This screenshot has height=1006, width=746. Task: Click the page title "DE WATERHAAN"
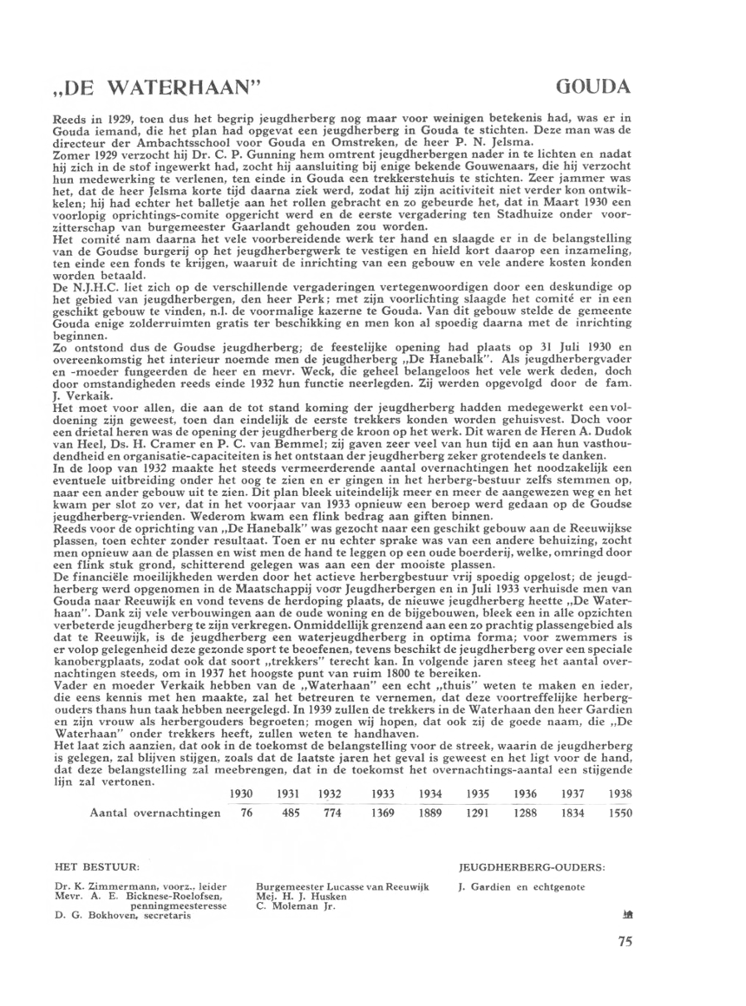tap(157, 88)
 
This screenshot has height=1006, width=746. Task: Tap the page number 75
tap(626, 944)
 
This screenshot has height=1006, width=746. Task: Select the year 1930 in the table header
tap(241, 794)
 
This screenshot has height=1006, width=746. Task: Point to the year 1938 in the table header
tap(619, 794)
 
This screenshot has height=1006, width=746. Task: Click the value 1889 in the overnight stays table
tap(431, 813)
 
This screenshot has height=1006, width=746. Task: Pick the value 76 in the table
tap(245, 813)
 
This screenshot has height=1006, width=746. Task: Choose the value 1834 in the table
tap(573, 813)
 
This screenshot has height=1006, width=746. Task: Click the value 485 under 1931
tap(290, 813)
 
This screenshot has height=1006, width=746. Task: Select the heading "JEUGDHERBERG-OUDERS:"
tap(530, 866)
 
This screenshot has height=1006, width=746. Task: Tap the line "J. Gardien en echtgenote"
tap(520, 886)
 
